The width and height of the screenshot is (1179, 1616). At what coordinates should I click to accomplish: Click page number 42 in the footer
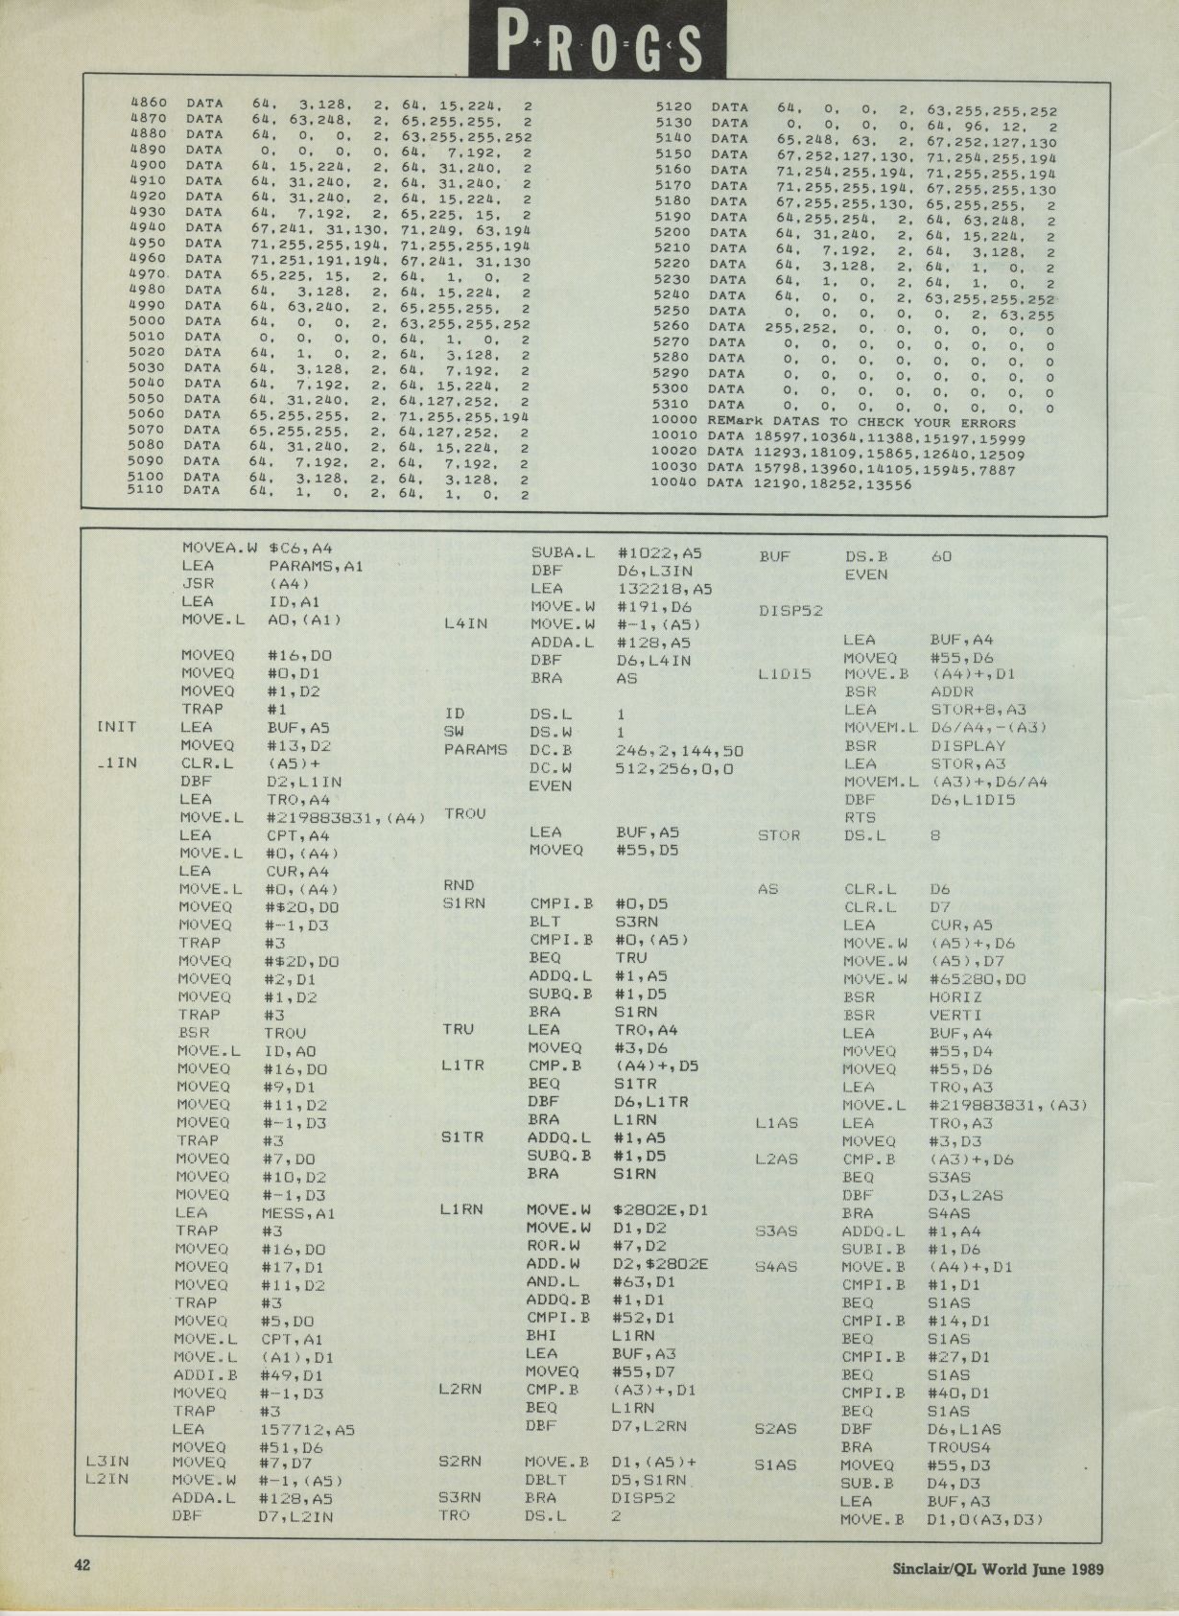83,1566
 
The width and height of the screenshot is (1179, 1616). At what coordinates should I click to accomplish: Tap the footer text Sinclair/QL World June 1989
998,1569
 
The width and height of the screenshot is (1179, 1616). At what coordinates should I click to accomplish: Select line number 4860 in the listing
148,103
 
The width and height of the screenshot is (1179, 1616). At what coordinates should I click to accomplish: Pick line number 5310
672,405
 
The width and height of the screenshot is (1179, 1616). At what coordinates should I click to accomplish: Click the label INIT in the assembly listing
117,727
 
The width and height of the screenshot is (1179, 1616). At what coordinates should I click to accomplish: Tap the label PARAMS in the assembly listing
475,749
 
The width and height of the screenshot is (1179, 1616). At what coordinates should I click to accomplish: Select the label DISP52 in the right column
790,611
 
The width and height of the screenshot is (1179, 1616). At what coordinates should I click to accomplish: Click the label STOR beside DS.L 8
779,835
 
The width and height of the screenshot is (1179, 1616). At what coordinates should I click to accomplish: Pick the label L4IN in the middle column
465,624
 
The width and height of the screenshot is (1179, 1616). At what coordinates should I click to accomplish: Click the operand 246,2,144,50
679,750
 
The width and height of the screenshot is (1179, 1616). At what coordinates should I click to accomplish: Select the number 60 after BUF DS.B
942,556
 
